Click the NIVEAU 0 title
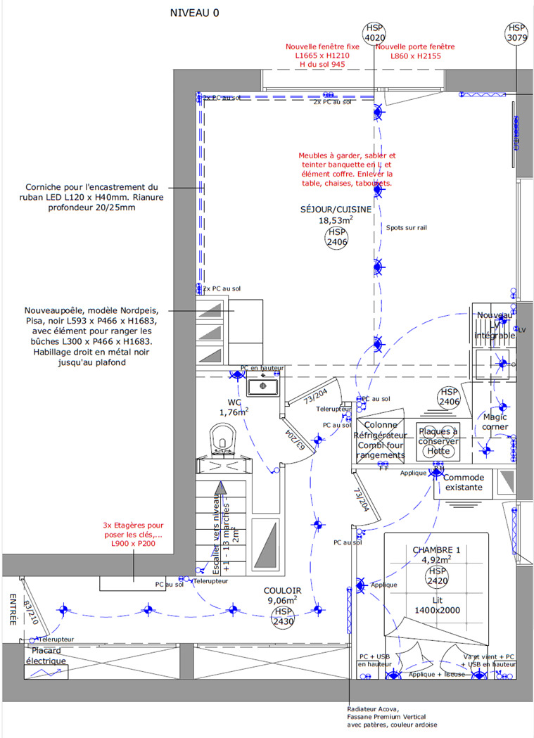tap(195, 13)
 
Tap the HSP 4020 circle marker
tap(374, 32)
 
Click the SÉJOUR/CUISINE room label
tap(336, 209)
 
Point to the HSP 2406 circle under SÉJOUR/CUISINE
tap(337, 237)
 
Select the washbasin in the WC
tap(263, 386)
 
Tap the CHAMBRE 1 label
tap(436, 549)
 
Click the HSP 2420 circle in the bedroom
tap(436, 576)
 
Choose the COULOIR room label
tap(282, 590)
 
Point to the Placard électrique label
tap(46, 656)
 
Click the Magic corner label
tap(495, 421)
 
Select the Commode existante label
tap(464, 482)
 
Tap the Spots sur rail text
tap(407, 227)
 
